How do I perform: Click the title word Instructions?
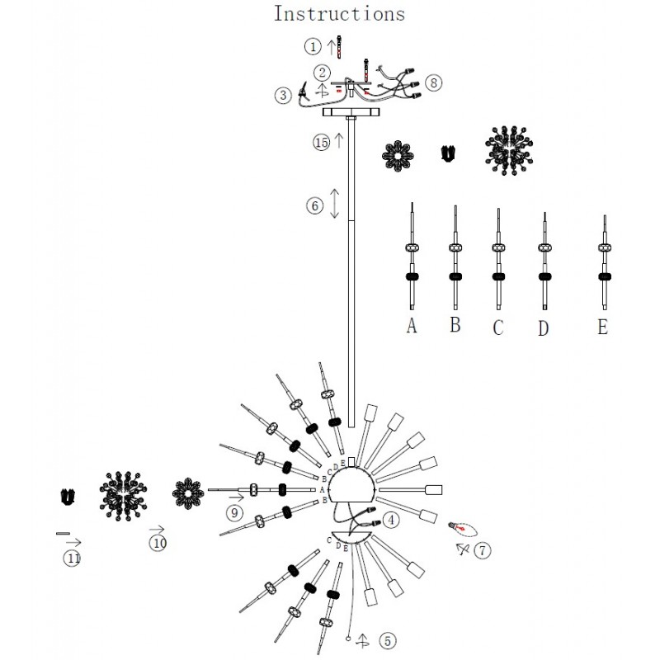tap(339, 14)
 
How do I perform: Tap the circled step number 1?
tap(313, 46)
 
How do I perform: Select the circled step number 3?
tap(284, 95)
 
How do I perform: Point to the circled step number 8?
tap(435, 82)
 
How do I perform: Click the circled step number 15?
tap(321, 142)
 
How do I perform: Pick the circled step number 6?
tap(314, 206)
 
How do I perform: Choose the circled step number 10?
tap(157, 542)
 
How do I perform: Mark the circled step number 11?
tap(73, 558)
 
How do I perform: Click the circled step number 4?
tap(391, 520)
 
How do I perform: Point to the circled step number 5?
tap(388, 639)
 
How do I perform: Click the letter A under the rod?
tap(412, 326)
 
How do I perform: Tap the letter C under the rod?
tap(497, 328)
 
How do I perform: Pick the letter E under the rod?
tap(603, 327)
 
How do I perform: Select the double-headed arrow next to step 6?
tap(335, 203)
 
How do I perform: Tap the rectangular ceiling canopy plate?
tap(351, 111)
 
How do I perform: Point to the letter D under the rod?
tap(542, 328)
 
